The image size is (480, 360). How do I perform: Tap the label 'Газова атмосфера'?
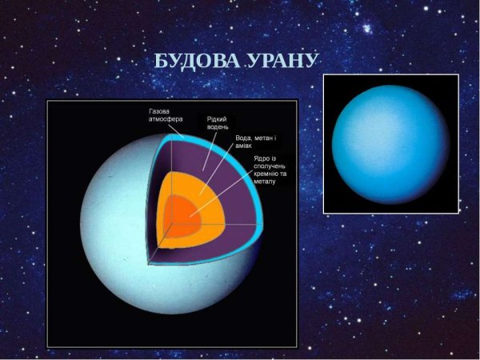pyautogui.click(x=166, y=115)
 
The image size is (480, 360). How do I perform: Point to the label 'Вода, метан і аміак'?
pyautogui.click(x=255, y=142)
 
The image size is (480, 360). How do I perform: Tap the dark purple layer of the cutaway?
pyautogui.click(x=232, y=228)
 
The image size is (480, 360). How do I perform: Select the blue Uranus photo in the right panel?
pyautogui.click(x=390, y=143)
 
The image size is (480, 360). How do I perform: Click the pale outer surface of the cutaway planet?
pyautogui.click(x=120, y=264)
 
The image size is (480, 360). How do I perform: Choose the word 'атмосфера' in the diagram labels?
pyautogui.click(x=166, y=119)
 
